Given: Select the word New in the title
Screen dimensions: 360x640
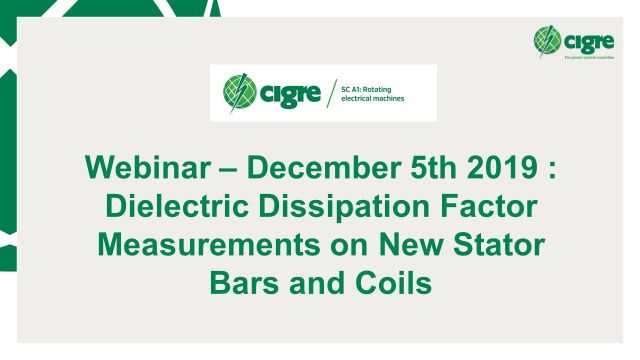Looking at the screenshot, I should tap(401, 246).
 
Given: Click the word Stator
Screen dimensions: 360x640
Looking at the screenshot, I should tap(490, 246).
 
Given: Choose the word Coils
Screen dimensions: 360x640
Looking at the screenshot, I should tap(392, 283).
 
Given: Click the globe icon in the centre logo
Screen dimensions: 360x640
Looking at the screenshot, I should tap(240, 93).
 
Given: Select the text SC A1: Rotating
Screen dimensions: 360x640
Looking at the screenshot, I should tap(369, 87).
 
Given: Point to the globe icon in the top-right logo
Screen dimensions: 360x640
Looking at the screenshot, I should tap(547, 41).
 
